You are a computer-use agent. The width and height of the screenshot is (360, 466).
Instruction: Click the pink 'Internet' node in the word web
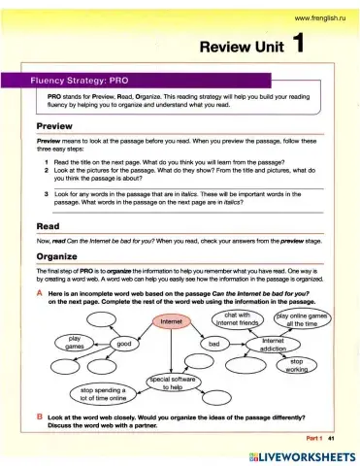pyautogui.click(x=172, y=321)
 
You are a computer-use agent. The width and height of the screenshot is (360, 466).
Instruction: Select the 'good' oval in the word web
pyautogui.click(x=124, y=344)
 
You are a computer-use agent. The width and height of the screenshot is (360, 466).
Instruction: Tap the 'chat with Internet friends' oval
pyautogui.click(x=239, y=320)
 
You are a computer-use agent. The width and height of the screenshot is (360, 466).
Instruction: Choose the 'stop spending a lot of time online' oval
pyautogui.click(x=101, y=394)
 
